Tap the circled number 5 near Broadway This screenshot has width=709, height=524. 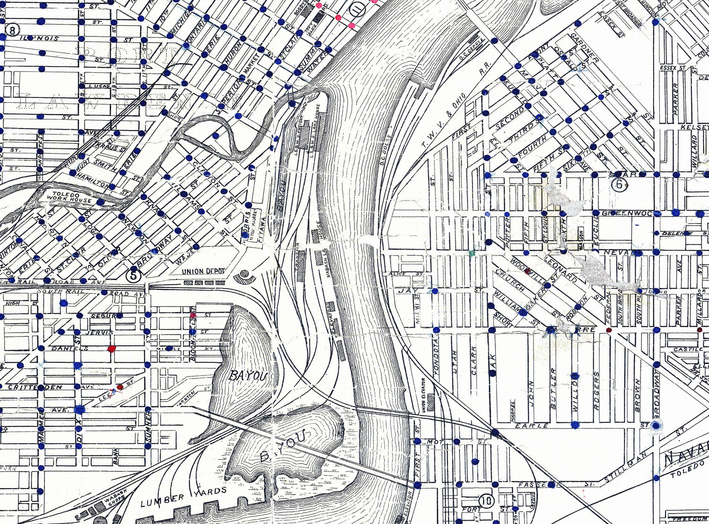[134, 274]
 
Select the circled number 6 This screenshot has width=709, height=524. [619, 184]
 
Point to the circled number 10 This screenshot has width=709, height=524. [486, 500]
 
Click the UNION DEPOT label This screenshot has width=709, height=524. [203, 271]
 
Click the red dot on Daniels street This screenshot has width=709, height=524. [112, 349]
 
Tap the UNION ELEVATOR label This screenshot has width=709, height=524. [424, 395]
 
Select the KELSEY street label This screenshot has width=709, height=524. [695, 128]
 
